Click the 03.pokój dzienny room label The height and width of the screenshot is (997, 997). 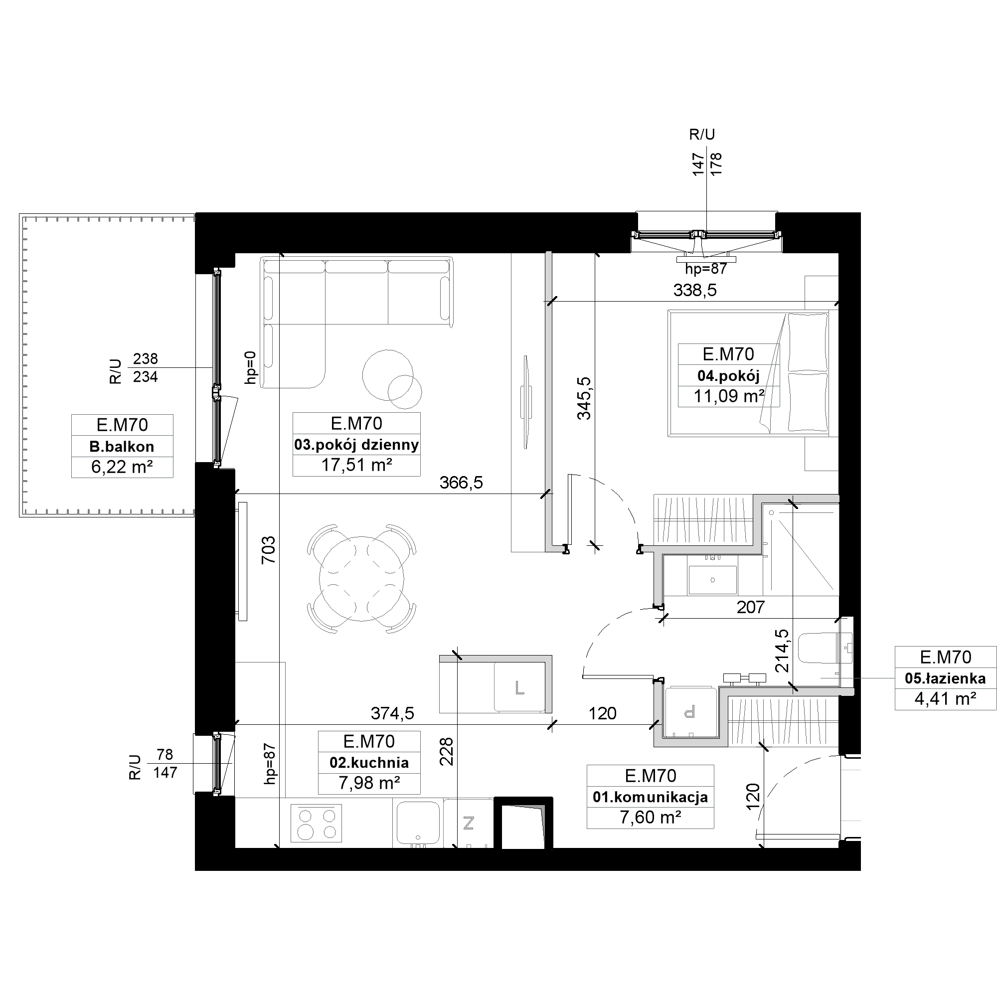pyautogui.click(x=356, y=445)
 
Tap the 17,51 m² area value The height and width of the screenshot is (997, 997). pyautogui.click(x=356, y=466)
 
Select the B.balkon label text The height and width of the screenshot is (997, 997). pyautogui.click(x=122, y=446)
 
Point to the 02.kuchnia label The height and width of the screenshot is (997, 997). pyautogui.click(x=369, y=763)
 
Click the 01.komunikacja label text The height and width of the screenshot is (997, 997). pyautogui.click(x=650, y=797)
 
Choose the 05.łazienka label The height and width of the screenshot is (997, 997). pyautogui.click(x=945, y=678)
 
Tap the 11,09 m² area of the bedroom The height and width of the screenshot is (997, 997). pyautogui.click(x=729, y=396)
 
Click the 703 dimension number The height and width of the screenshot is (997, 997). pyautogui.click(x=269, y=549)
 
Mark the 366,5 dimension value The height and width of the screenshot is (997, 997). pyautogui.click(x=461, y=483)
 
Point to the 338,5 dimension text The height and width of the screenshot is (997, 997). pyautogui.click(x=694, y=291)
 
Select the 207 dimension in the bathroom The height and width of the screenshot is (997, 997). pyautogui.click(x=750, y=607)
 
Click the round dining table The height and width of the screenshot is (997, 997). pyautogui.click(x=361, y=577)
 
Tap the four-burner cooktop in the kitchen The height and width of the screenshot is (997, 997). pyautogui.click(x=317, y=823)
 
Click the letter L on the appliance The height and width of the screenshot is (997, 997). pyautogui.click(x=519, y=688)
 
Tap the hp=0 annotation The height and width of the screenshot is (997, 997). pyautogui.click(x=250, y=367)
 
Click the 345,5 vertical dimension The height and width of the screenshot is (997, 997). pyautogui.click(x=584, y=398)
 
